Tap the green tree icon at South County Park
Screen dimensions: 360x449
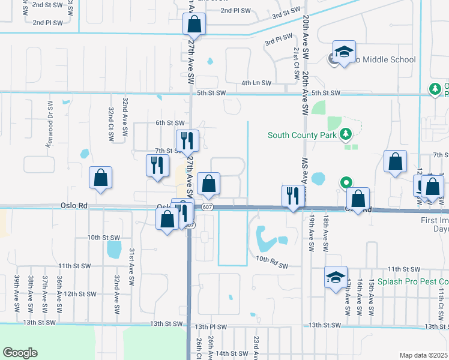click(x=345, y=134)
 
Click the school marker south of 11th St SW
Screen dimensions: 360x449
click(x=336, y=278)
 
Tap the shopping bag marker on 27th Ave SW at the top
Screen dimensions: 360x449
click(x=194, y=25)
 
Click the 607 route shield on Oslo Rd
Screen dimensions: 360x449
click(x=207, y=208)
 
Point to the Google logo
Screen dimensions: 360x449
click(x=20, y=353)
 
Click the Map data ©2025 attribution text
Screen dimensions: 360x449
click(x=423, y=355)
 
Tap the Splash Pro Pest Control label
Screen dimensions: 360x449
click(x=414, y=281)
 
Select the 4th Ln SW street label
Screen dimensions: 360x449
click(x=256, y=83)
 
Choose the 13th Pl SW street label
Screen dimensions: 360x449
click(x=211, y=326)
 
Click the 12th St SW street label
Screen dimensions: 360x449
click(x=81, y=294)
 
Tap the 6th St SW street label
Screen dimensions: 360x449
click(x=170, y=122)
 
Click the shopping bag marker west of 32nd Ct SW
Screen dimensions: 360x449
click(x=100, y=178)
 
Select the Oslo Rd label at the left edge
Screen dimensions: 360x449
click(x=74, y=206)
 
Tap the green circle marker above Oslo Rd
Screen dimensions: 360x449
click(x=346, y=182)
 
